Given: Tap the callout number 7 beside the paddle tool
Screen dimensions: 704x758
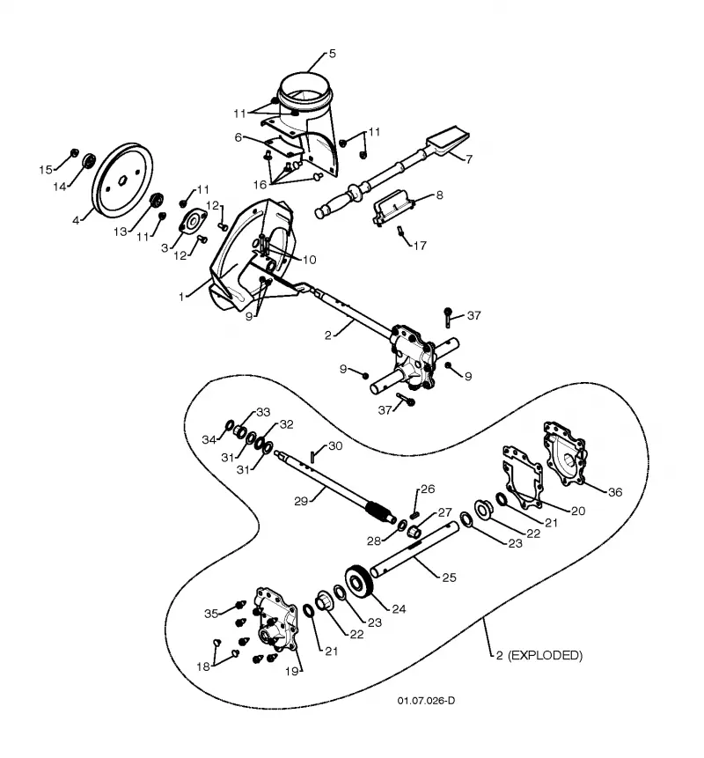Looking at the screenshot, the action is pyautogui.click(x=469, y=158).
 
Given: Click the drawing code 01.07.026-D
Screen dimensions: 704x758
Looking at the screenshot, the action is pyautogui.click(x=426, y=701).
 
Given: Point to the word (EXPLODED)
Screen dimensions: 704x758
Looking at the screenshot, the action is pyautogui.click(x=546, y=655).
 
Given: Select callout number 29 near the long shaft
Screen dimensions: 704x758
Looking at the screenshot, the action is pyautogui.click(x=301, y=501).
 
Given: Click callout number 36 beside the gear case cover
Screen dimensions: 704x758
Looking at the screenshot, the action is pyautogui.click(x=614, y=492).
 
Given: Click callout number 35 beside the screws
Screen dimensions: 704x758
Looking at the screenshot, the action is pyautogui.click(x=211, y=614).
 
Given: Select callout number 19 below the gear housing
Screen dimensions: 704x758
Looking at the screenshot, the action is pyautogui.click(x=292, y=671).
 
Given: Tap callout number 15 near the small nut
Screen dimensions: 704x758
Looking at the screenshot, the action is pyautogui.click(x=46, y=170).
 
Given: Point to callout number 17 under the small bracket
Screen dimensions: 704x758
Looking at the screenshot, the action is pyautogui.click(x=420, y=246).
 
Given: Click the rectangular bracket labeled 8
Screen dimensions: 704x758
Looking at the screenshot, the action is pyautogui.click(x=393, y=207).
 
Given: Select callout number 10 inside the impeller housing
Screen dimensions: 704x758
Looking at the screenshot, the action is pyautogui.click(x=309, y=260).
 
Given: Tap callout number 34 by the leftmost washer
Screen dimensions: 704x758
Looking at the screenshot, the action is pyautogui.click(x=209, y=439).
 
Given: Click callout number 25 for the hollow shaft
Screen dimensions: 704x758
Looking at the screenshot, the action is pyautogui.click(x=449, y=578).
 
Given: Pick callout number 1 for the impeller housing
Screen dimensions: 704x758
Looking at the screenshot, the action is pyautogui.click(x=181, y=297).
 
